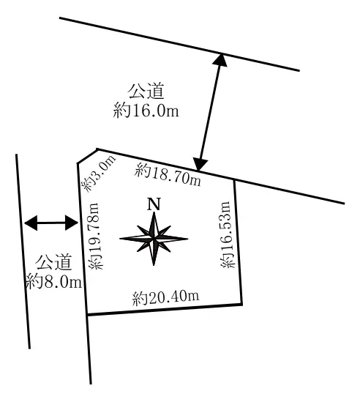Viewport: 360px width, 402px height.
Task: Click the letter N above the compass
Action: (x=154, y=204)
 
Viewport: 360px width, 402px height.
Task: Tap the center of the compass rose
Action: (x=154, y=239)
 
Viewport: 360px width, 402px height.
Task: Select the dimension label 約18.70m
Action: (x=168, y=174)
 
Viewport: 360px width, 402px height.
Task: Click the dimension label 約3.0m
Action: (x=98, y=173)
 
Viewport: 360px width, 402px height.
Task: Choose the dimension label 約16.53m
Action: (x=228, y=234)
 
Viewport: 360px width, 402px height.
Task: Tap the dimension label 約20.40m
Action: (x=165, y=298)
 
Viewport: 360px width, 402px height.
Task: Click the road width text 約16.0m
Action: (x=146, y=110)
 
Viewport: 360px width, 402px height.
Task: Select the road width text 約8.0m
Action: (x=54, y=281)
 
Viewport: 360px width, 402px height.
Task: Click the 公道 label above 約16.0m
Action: (x=146, y=91)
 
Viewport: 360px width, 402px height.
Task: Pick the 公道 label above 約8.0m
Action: (x=53, y=262)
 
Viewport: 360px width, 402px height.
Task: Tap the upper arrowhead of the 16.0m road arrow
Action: (x=220, y=60)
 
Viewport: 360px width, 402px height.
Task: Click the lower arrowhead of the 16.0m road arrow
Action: (x=200, y=164)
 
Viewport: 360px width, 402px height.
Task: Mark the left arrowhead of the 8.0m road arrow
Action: (x=30, y=223)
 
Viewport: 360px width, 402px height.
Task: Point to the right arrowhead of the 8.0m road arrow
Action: (x=72, y=223)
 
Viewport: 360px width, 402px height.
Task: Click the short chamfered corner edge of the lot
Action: (x=87, y=156)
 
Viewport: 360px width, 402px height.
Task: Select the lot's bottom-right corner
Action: (x=241, y=305)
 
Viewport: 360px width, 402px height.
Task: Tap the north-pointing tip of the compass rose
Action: (x=154, y=212)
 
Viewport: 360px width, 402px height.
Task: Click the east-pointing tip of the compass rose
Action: (x=188, y=239)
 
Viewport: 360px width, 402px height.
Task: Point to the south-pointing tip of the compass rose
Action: (x=154, y=265)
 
